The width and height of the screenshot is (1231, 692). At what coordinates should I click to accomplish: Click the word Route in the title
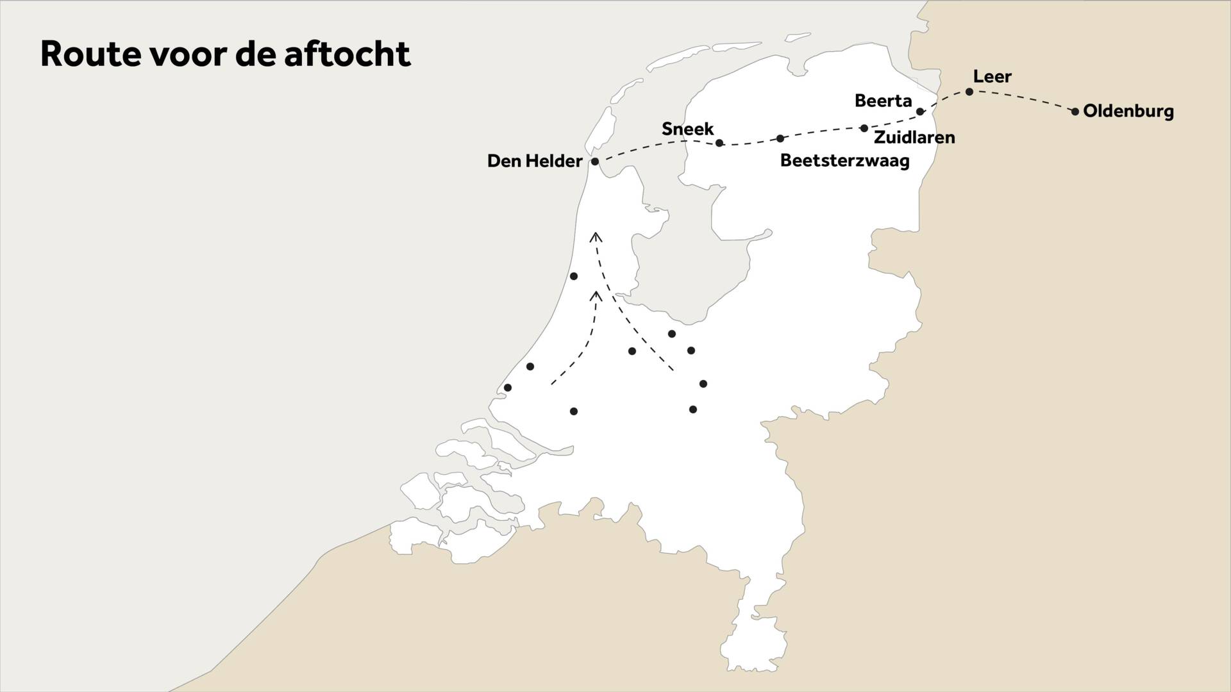90,54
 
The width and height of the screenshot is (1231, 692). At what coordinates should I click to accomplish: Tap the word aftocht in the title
346,54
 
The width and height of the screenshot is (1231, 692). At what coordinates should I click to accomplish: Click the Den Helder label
534,161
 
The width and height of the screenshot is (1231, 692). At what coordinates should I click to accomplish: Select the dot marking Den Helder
594,161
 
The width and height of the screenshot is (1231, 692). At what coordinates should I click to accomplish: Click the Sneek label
687,129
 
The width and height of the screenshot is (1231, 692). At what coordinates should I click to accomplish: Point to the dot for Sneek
719,143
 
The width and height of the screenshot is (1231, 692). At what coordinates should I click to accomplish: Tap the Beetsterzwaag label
844,161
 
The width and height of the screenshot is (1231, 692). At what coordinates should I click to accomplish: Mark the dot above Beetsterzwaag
780,138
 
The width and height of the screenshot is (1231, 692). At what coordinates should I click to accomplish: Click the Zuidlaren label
914,137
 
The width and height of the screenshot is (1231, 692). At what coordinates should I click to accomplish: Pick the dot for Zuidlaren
864,128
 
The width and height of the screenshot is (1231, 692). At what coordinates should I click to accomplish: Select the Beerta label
883,101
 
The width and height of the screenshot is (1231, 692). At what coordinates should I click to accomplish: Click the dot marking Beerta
920,111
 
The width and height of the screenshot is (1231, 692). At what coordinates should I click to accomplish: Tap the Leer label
992,77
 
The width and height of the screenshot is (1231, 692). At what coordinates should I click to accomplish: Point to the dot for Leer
969,92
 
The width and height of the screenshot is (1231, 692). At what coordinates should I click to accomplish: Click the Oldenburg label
1128,111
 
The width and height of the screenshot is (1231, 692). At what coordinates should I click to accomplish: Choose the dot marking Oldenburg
1075,111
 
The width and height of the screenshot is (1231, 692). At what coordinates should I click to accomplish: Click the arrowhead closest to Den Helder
596,236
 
